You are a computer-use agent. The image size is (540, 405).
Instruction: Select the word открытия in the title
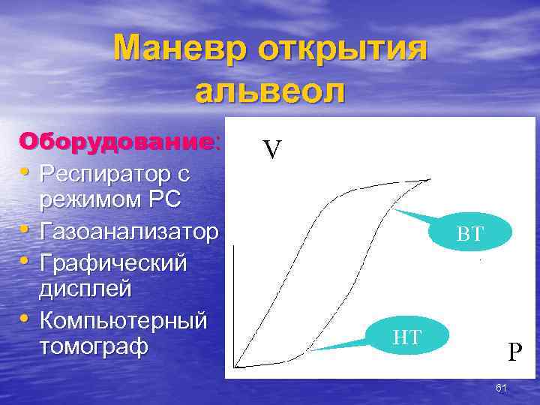coord(343,50)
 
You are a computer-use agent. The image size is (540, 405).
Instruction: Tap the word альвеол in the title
coord(270,91)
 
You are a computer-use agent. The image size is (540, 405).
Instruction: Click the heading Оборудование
coord(118,142)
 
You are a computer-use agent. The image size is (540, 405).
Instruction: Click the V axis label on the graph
coord(271,151)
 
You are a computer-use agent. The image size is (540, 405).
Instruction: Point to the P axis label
coord(514,352)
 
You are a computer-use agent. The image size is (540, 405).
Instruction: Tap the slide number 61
coord(502,387)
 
